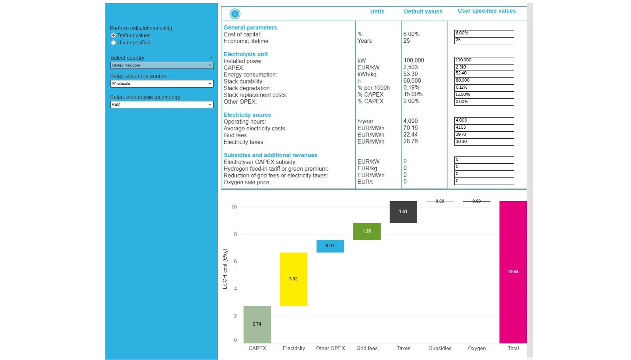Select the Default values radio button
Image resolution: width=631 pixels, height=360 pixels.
coord(114,36)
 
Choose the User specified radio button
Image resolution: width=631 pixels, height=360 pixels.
coord(114,43)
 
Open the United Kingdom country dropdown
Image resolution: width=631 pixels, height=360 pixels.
coord(162,65)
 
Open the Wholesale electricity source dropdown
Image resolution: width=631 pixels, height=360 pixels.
coord(162,84)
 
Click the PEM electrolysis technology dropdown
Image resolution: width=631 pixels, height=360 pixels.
coord(162,105)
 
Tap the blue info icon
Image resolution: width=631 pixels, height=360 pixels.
coord(235,14)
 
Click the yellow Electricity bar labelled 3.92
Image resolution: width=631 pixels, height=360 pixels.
coord(293,279)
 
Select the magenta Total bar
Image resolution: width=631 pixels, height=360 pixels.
coord(513,272)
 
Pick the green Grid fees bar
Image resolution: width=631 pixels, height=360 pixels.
coord(367,231)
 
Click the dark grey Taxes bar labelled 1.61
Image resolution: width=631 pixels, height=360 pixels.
coord(403,212)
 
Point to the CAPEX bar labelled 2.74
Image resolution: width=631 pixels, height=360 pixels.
coord(257,324)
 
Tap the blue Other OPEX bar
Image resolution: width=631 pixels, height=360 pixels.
coord(330,246)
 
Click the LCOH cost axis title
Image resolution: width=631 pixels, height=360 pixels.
coord(225,269)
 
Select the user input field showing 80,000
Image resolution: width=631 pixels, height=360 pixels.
coord(484,80)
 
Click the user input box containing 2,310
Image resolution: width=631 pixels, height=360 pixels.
coord(484,67)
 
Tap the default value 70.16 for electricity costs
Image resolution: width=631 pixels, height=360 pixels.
coord(410,128)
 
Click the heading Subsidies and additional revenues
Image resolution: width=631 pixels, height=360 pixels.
coord(270,155)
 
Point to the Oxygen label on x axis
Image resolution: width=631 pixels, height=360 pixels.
coord(477,349)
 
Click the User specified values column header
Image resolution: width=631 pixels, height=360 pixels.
coord(486,11)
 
